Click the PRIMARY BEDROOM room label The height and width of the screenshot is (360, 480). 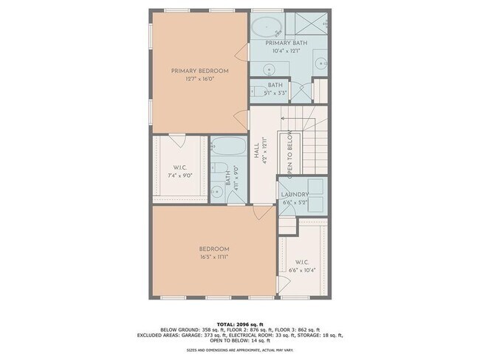(199, 71)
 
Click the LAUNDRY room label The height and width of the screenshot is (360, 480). (294, 195)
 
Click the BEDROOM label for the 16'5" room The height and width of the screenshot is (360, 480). (215, 248)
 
